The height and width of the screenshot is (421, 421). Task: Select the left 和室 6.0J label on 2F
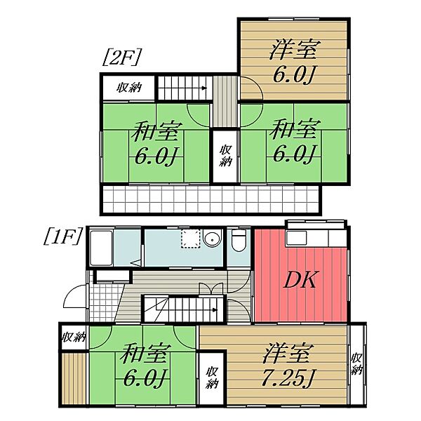(156, 142)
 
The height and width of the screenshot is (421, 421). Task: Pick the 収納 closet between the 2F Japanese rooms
(225, 157)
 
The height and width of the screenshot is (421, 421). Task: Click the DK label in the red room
(301, 281)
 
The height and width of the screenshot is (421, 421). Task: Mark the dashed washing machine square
(189, 239)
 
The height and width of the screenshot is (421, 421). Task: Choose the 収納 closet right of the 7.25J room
(357, 364)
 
